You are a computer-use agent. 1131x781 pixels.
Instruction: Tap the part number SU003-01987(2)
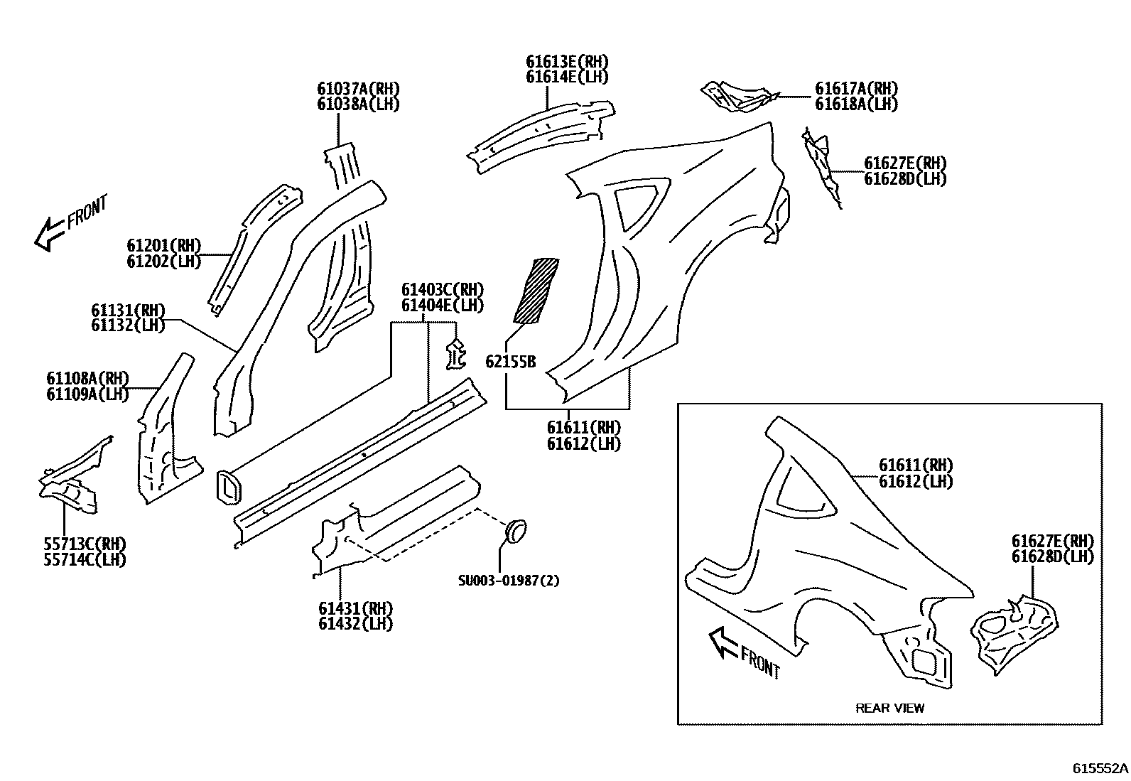[x=508, y=581]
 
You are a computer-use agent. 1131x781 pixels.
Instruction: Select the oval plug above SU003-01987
[x=516, y=532]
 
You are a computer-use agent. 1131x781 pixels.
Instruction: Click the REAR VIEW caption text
[x=889, y=708]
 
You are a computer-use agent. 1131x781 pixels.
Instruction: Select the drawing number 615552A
[x=1100, y=769]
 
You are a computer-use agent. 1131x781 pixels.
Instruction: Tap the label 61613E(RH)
[x=567, y=62]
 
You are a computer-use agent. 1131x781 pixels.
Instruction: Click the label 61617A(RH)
[x=856, y=89]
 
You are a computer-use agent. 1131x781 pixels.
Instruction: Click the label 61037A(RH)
[x=358, y=89]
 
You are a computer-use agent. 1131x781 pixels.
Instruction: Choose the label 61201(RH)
[x=164, y=246]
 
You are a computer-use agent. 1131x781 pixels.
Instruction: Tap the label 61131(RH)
[x=128, y=311]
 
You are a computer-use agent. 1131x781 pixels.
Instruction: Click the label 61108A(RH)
[x=87, y=378]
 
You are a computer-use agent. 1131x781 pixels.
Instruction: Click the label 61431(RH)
[x=355, y=609]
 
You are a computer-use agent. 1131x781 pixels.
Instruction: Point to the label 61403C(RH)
[x=442, y=290]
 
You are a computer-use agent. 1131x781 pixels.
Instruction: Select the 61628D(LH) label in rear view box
[x=1052, y=556]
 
